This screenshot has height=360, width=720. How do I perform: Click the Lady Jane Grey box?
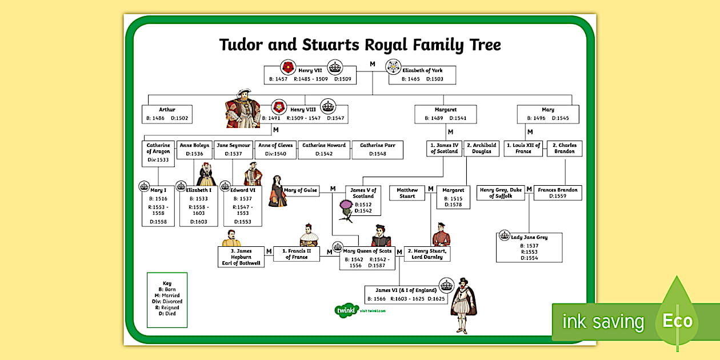coord(529,247)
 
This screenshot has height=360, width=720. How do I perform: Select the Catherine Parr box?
coord(377,150)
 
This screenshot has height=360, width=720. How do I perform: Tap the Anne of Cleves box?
coord(275,150)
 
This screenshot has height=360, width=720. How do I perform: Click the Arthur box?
coord(167,114)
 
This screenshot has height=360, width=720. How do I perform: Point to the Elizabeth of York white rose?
coord(394,67)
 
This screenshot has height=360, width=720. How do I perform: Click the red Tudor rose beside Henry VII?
coord(287,67)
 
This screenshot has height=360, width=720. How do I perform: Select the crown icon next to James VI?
coord(446,285)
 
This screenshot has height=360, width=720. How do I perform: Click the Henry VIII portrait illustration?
coord(243,111)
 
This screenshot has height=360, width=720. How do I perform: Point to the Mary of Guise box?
coord(301,190)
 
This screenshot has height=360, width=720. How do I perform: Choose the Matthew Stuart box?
coord(407,193)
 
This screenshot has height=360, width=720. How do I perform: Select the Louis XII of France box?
coord(523,149)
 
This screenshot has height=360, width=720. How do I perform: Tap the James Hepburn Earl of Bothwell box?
coord(241,257)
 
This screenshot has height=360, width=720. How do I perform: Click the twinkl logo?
coord(346,310)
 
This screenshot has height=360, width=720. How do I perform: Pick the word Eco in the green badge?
coord(677,321)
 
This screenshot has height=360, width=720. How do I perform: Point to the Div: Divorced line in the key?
coord(167,301)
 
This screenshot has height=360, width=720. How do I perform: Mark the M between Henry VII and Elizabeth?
coord(373,64)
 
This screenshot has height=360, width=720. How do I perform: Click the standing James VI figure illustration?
coord(463,305)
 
